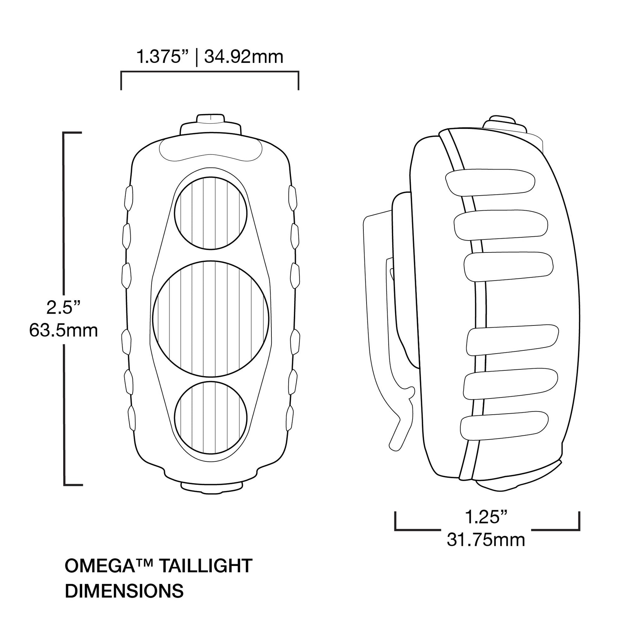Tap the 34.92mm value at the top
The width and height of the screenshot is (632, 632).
coord(244,57)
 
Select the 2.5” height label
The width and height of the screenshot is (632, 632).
coord(64,308)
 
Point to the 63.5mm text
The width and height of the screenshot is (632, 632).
coord(64,330)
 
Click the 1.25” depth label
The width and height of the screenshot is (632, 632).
coord(486,517)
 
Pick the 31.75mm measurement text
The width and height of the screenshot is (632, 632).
coord(486,540)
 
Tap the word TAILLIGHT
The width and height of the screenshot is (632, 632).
coord(206,566)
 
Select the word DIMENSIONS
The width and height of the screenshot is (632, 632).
coord(124,591)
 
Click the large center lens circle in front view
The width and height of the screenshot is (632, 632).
coord(211,319)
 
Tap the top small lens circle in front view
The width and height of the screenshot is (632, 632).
coord(211,213)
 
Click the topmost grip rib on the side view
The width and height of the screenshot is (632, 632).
coord(490,182)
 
